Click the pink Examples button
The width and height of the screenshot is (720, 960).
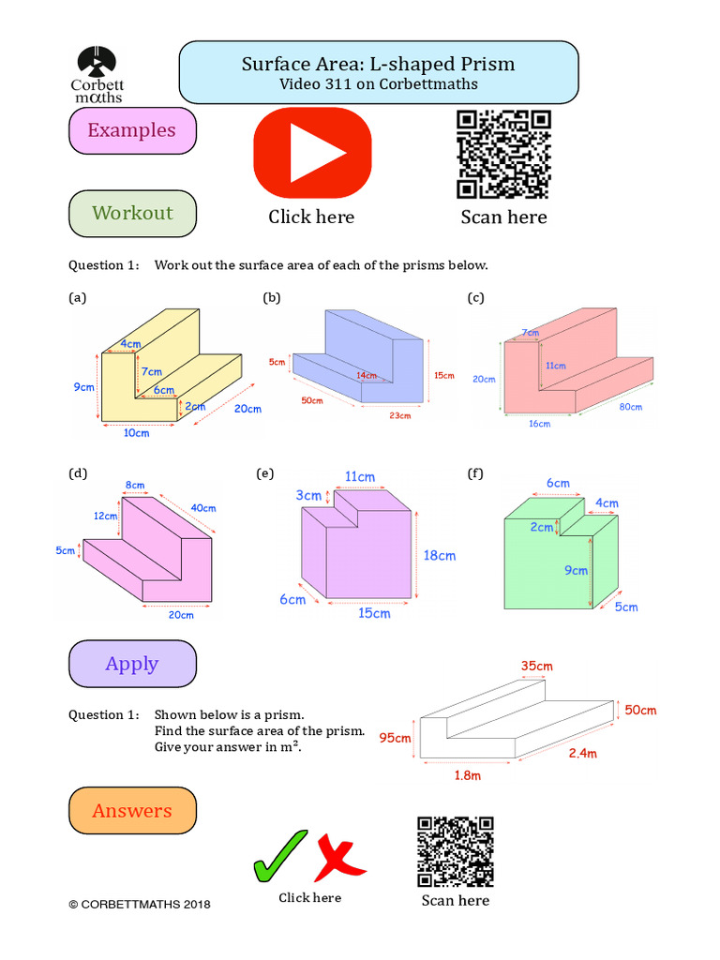point(132,130)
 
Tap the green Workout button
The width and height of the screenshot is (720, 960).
point(132,213)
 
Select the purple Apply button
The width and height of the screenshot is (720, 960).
point(132,664)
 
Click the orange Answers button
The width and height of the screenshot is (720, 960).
point(132,811)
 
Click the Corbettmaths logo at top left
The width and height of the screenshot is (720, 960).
point(97,72)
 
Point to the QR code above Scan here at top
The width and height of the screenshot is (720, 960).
point(503,155)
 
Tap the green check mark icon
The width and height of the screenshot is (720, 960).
point(279,855)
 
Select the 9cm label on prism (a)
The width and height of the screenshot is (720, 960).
point(84,386)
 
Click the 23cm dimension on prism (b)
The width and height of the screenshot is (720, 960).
point(401,415)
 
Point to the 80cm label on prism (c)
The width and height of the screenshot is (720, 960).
point(630,407)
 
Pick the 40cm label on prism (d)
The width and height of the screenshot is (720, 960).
point(203,508)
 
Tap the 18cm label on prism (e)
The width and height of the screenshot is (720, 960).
point(439,555)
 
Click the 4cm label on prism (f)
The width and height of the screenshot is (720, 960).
point(607,502)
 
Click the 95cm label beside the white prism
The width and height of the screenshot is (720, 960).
point(395,738)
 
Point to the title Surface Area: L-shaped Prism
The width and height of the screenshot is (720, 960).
point(378,64)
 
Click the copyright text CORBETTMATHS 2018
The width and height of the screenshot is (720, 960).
point(140,905)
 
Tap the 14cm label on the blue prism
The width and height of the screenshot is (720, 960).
point(367,376)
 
